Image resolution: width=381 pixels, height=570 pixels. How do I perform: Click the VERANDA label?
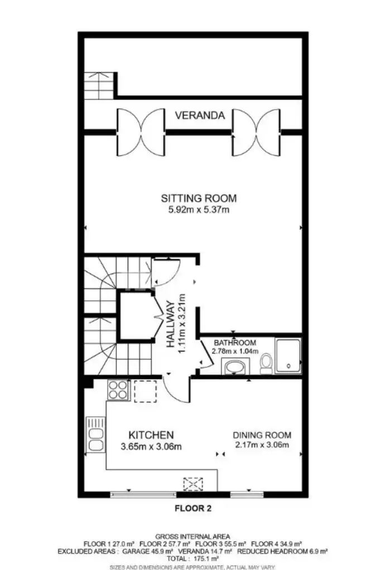[x=200, y=115]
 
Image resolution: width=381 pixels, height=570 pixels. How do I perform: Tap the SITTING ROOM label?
[x=199, y=198]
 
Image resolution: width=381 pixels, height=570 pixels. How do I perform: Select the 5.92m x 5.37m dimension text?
[x=199, y=210]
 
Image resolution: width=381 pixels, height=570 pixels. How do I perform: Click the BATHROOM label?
[x=235, y=343]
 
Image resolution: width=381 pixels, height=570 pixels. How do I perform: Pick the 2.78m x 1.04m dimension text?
[x=235, y=351]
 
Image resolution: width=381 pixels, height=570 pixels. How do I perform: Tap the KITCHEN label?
[x=151, y=435]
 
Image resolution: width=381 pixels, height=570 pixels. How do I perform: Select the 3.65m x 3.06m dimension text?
[x=151, y=446]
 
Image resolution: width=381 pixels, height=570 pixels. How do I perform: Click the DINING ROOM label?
[x=262, y=435]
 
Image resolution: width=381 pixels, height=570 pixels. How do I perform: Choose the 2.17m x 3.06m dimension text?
[x=262, y=445]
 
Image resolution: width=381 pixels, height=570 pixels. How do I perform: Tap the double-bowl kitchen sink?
[x=95, y=435]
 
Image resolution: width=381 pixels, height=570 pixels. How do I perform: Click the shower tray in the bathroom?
[x=288, y=355]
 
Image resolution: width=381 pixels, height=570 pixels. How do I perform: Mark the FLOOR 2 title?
[x=193, y=508]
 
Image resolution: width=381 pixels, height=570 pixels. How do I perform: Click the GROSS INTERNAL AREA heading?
[x=192, y=537]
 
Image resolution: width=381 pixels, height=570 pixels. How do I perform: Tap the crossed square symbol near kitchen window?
[x=193, y=484]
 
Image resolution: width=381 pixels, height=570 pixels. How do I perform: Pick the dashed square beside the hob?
[x=146, y=391]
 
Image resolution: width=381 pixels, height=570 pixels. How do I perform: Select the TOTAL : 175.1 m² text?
[x=192, y=558]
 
